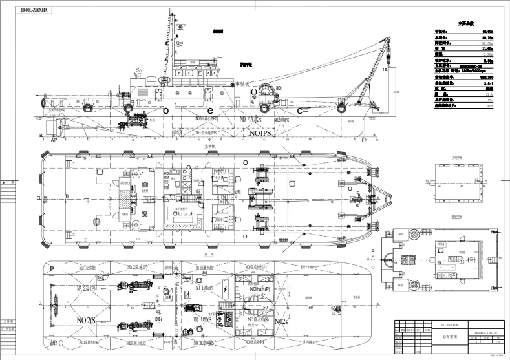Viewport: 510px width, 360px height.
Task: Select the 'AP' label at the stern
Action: [x=54, y=138]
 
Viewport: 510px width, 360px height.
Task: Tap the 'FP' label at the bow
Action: [x=365, y=139]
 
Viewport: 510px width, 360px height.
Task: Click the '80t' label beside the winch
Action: [x=279, y=87]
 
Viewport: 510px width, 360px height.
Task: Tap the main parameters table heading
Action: [x=466, y=22]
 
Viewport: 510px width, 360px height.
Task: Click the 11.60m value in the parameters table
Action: [x=485, y=47]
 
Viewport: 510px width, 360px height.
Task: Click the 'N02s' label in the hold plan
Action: [x=281, y=321]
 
